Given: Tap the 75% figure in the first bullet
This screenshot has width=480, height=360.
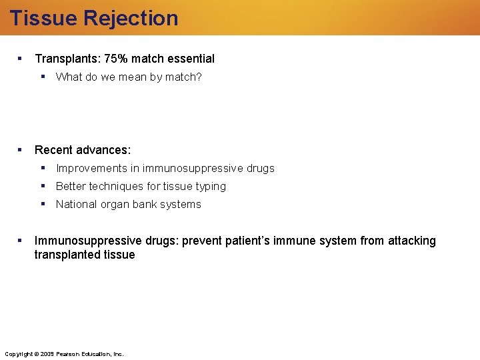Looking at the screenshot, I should pyautogui.click(x=116, y=59).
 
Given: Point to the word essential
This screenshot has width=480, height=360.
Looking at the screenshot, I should pyautogui.click(x=191, y=59).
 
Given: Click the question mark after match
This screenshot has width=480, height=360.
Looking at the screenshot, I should pyautogui.click(x=199, y=77).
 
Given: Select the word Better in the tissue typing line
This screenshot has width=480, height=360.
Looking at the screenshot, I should pyautogui.click(x=71, y=186).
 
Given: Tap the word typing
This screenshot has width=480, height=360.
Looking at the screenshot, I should pyautogui.click(x=211, y=186).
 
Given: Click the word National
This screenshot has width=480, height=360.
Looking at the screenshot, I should pyautogui.click(x=77, y=204).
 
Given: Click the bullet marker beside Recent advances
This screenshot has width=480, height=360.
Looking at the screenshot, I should pyautogui.click(x=21, y=150).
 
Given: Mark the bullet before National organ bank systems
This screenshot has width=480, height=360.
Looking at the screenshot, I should pyautogui.click(x=43, y=204).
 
